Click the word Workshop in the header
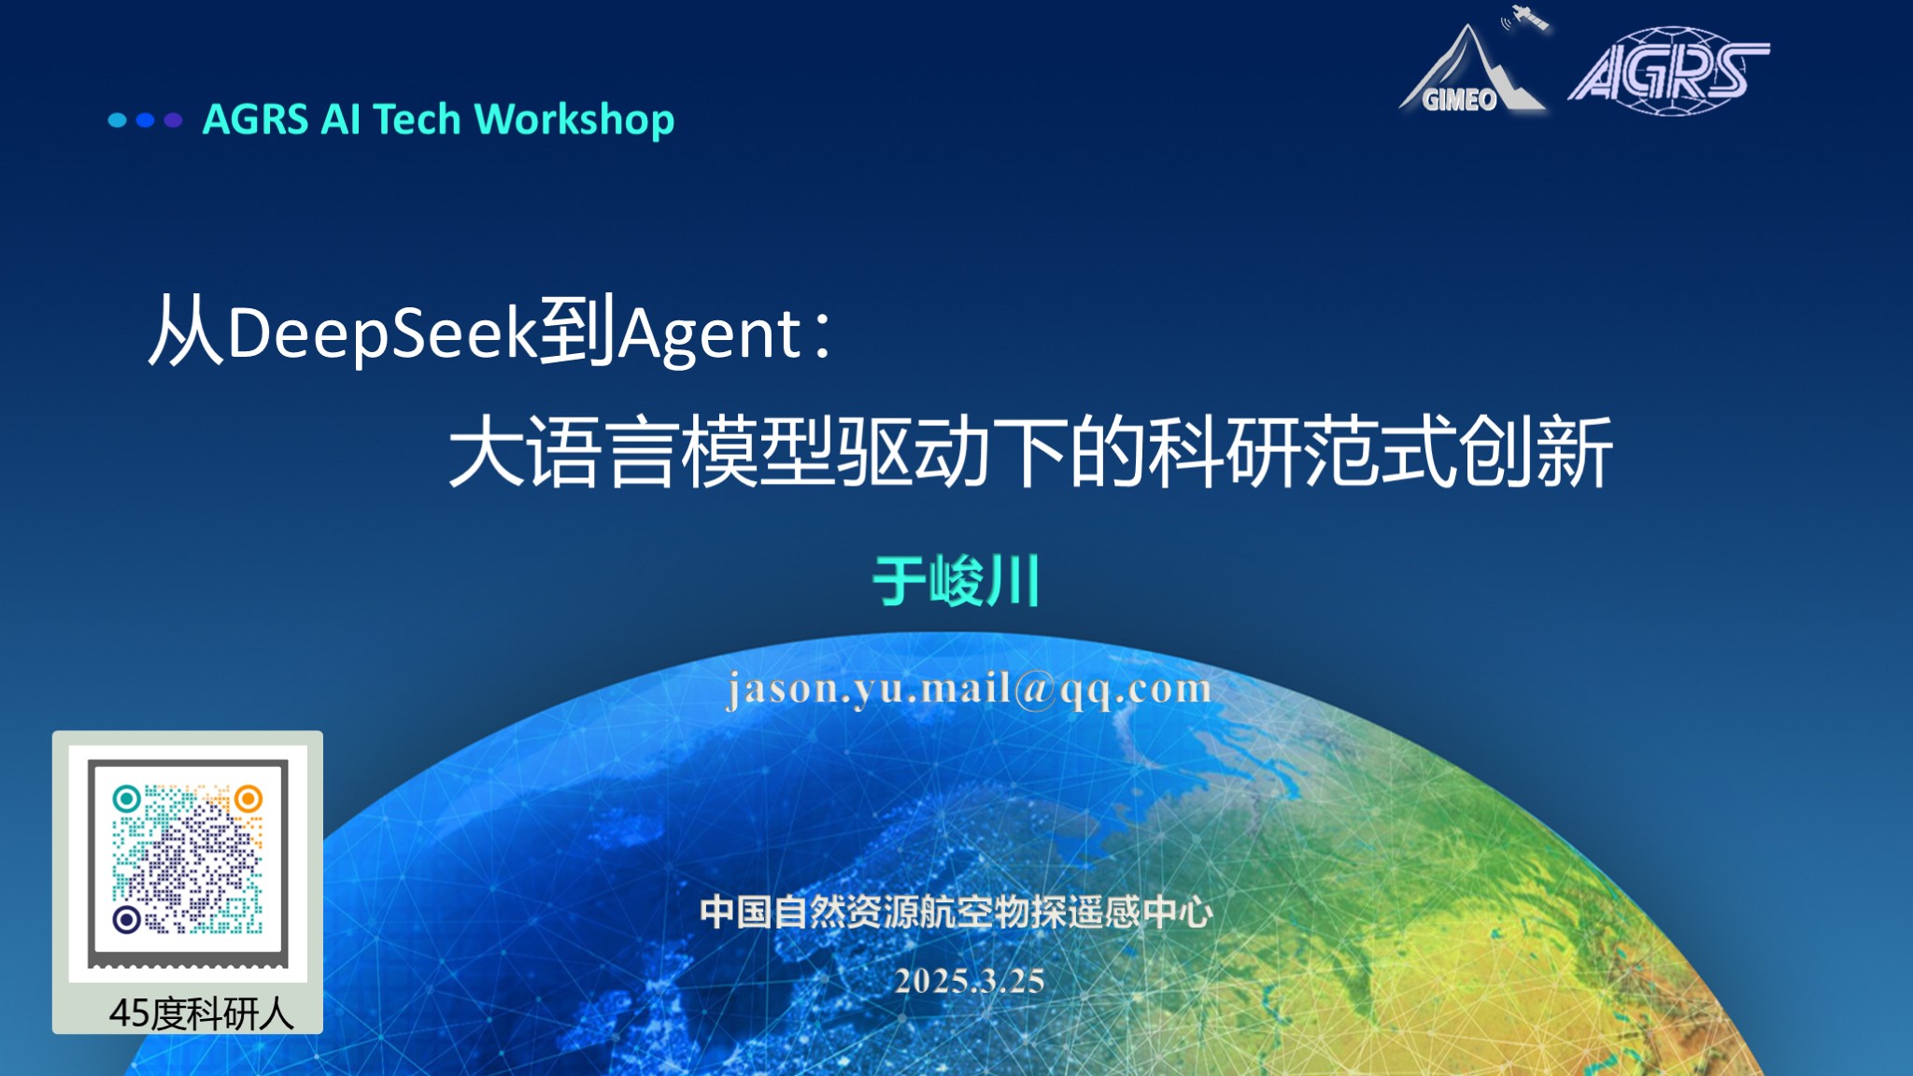(574, 120)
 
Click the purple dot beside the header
(173, 120)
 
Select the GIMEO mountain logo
(1471, 70)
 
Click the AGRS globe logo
(1668, 70)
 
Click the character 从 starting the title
(186, 330)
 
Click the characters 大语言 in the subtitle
(563, 452)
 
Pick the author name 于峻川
(956, 581)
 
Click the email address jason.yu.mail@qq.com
(970, 689)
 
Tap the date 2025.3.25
(970, 981)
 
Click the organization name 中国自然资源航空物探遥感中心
(956, 912)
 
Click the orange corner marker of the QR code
(248, 799)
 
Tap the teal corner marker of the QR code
(127, 799)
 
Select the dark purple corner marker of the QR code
(127, 919)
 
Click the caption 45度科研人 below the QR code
(201, 1013)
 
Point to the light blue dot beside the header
(118, 120)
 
